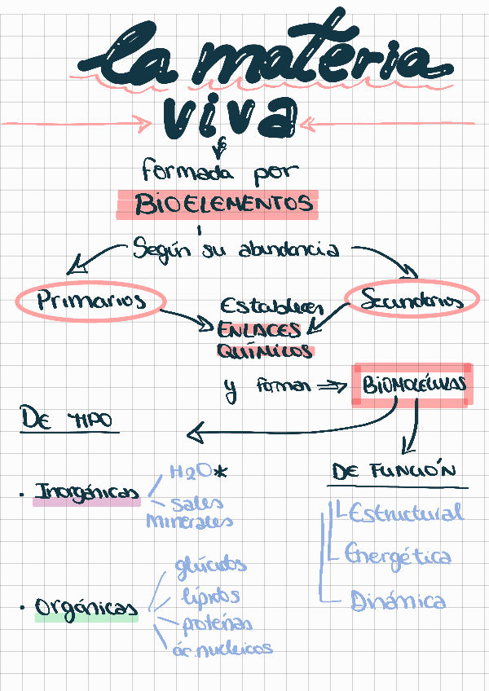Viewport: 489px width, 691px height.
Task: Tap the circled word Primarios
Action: coord(90,301)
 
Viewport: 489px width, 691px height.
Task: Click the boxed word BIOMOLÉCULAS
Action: coord(411,385)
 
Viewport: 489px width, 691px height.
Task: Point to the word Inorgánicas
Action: coord(86,493)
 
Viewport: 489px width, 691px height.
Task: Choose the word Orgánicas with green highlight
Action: coord(86,608)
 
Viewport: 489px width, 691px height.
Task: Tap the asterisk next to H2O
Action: coord(221,472)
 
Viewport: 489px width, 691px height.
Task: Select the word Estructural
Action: coord(404,513)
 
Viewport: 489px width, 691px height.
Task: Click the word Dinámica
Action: coord(398,601)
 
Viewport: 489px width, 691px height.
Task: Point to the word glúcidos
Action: coord(209,566)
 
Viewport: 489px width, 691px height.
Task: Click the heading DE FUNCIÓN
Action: coord(394,472)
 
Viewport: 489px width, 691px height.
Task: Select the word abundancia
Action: coord(289,250)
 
